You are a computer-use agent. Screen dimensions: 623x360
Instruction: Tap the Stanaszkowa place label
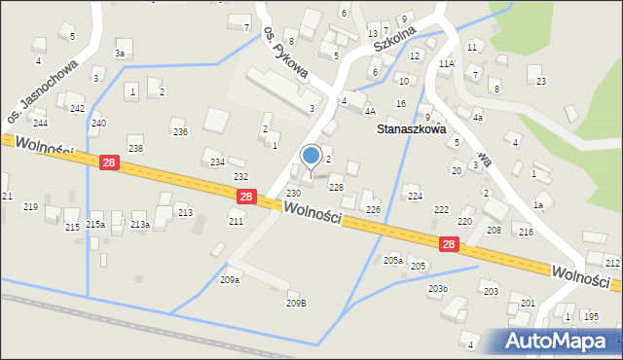412,128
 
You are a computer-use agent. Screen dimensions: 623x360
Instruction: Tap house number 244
40,124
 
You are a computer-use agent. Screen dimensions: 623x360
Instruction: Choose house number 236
180,132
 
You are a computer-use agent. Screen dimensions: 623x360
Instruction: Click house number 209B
296,303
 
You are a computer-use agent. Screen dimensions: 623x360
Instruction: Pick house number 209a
230,280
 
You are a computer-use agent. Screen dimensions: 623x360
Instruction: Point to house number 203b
438,289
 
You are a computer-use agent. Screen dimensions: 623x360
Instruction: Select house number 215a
95,225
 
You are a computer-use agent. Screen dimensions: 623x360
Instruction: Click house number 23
540,82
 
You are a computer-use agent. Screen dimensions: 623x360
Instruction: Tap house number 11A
446,64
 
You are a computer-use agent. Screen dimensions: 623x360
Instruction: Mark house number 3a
119,54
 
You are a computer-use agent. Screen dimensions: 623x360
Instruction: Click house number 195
591,316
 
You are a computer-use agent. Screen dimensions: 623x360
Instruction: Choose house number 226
373,210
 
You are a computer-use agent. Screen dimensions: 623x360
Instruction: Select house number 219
31,207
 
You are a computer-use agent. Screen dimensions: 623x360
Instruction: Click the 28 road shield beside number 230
246,197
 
